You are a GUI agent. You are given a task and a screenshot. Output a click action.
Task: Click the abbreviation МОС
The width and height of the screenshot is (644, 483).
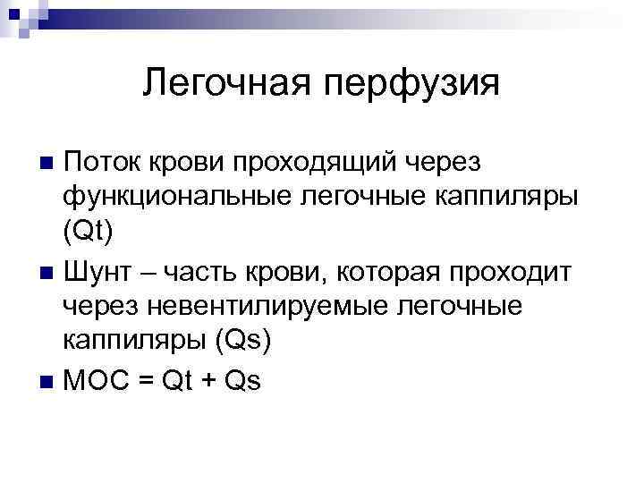95,380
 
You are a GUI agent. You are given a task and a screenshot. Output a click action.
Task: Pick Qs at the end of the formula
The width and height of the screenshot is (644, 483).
241,380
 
